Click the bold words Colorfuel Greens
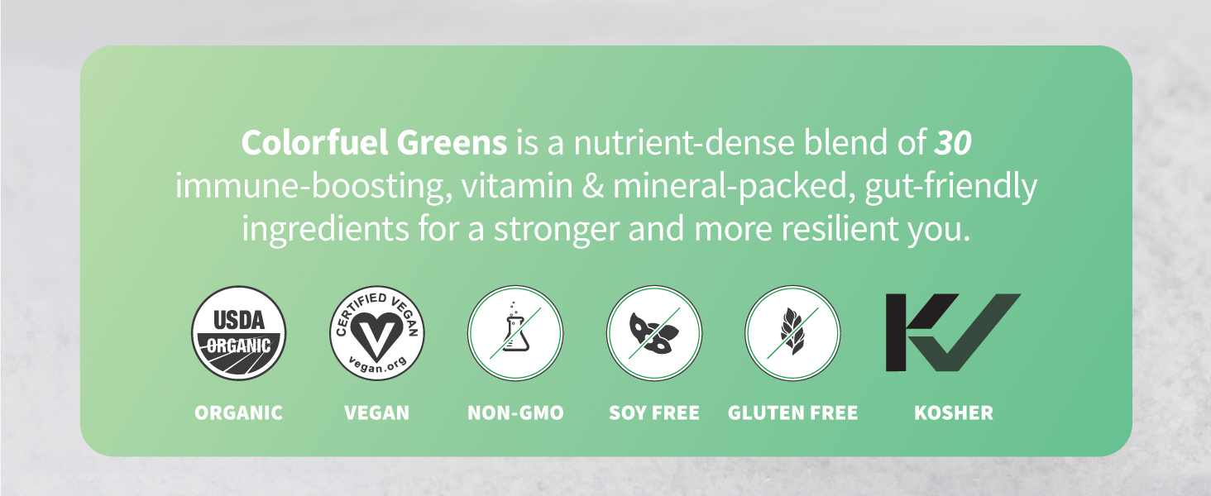(374, 143)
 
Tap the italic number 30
(952, 143)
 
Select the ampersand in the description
(592, 187)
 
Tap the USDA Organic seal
(239, 333)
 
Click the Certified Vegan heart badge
(377, 333)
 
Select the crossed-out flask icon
(515, 333)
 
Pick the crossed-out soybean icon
(654, 333)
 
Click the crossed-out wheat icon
(792, 333)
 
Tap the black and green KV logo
(953, 332)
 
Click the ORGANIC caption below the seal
(239, 413)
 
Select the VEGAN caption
(377, 413)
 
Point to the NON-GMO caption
(515, 413)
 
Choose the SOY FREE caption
(654, 413)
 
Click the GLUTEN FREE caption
(792, 413)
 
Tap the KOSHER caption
(954, 413)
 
